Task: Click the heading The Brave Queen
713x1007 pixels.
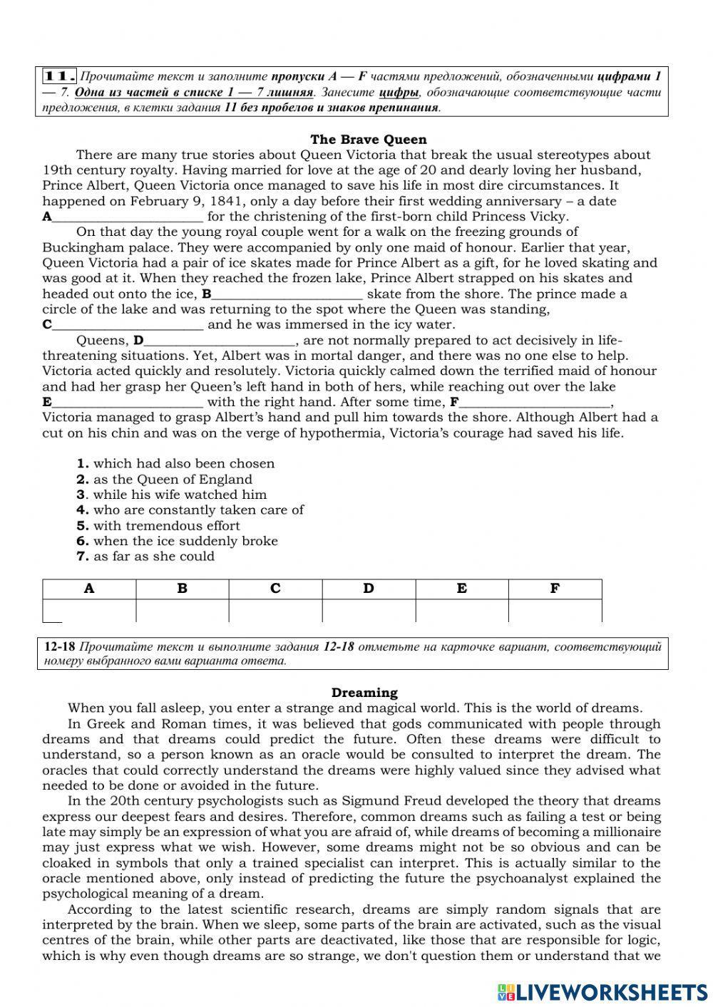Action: [369, 140]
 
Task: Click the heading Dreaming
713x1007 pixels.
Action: [364, 693]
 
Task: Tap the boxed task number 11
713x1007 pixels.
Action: [60, 76]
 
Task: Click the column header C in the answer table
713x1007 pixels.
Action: [275, 589]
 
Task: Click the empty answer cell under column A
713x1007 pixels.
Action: [89, 611]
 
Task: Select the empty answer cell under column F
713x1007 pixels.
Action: [555, 611]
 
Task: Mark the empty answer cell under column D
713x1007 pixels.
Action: [369, 611]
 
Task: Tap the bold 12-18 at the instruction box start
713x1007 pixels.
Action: [59, 647]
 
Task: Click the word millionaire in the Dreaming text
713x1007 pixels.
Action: [621, 832]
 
